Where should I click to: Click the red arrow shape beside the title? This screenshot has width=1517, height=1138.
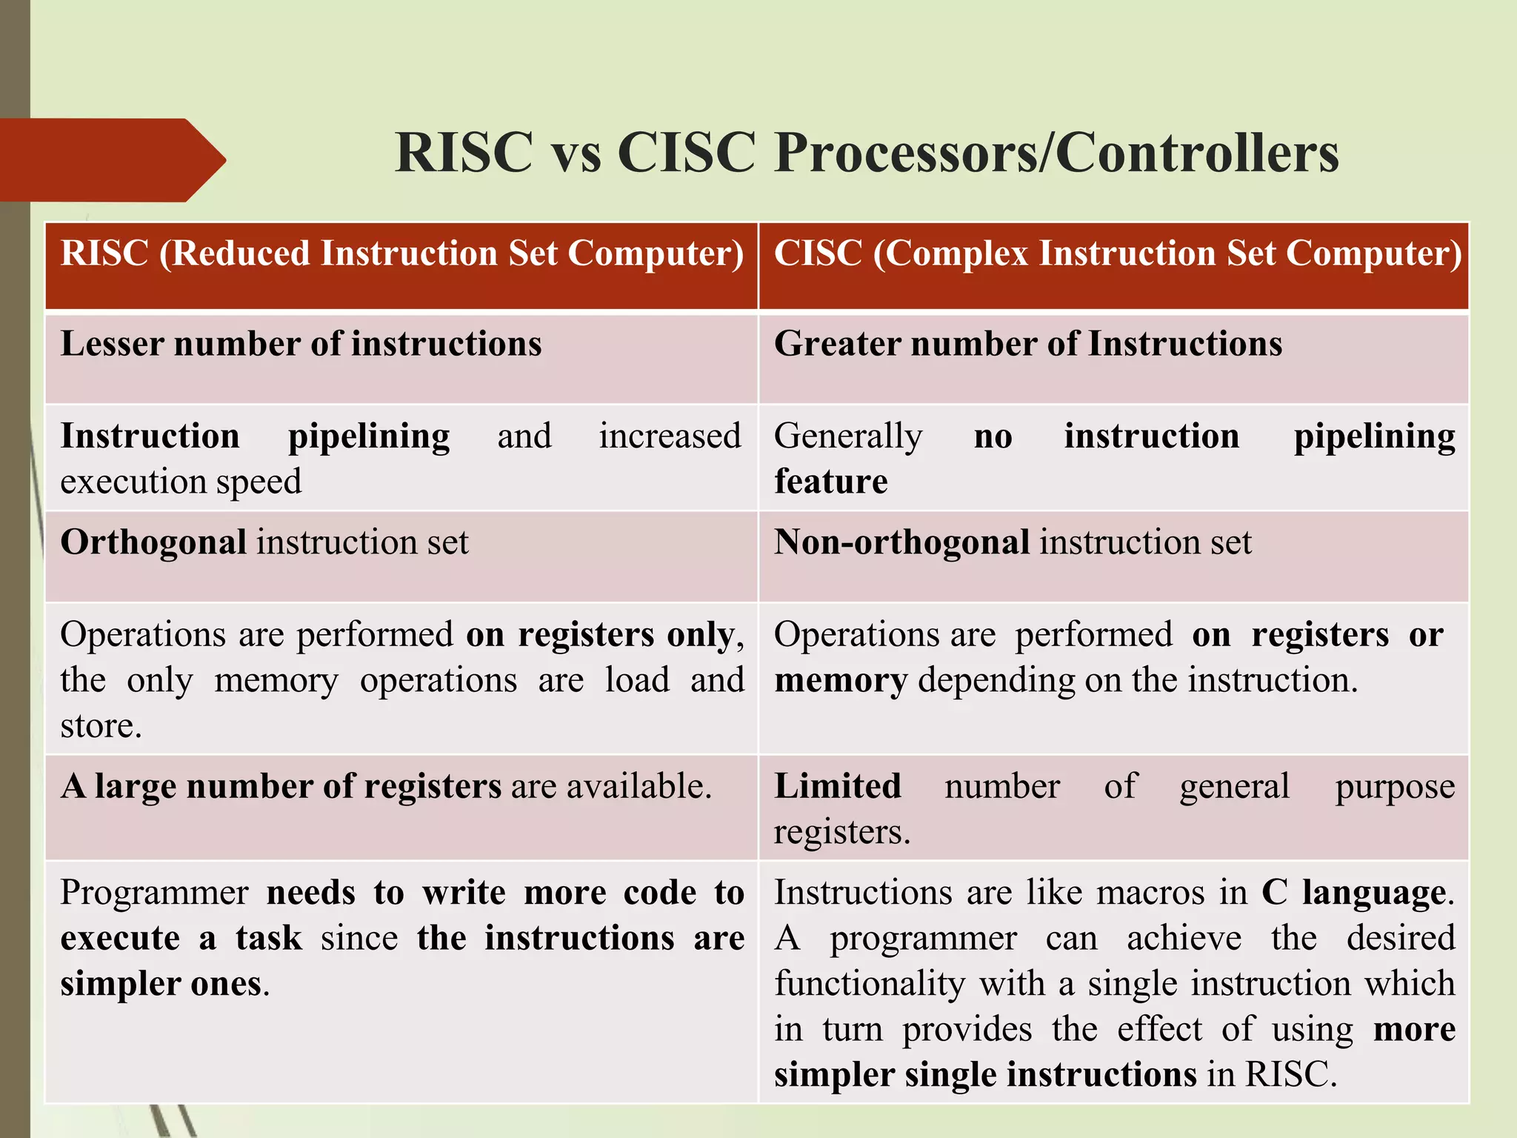click(x=111, y=159)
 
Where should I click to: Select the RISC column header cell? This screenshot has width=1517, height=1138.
click(x=401, y=265)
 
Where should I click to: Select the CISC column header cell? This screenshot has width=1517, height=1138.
click(x=1114, y=265)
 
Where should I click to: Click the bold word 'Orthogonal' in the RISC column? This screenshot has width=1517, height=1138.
click(x=153, y=542)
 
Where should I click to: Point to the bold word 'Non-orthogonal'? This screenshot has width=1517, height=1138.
click(x=901, y=542)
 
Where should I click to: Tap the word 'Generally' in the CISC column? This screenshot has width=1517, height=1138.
click(x=848, y=436)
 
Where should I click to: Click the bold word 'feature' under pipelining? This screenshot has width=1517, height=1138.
click(x=830, y=482)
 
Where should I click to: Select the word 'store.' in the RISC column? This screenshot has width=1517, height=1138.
click(x=101, y=726)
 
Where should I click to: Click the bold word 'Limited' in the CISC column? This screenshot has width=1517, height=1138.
click(x=837, y=786)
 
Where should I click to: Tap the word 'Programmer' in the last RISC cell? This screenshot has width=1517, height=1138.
click(x=154, y=893)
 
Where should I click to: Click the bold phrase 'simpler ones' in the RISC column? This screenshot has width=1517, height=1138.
click(x=161, y=984)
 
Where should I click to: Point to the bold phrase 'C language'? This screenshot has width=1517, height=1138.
click(x=1353, y=893)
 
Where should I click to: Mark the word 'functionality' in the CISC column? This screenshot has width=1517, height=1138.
click(x=870, y=984)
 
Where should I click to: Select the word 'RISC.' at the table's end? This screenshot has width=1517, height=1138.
click(x=1291, y=1075)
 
